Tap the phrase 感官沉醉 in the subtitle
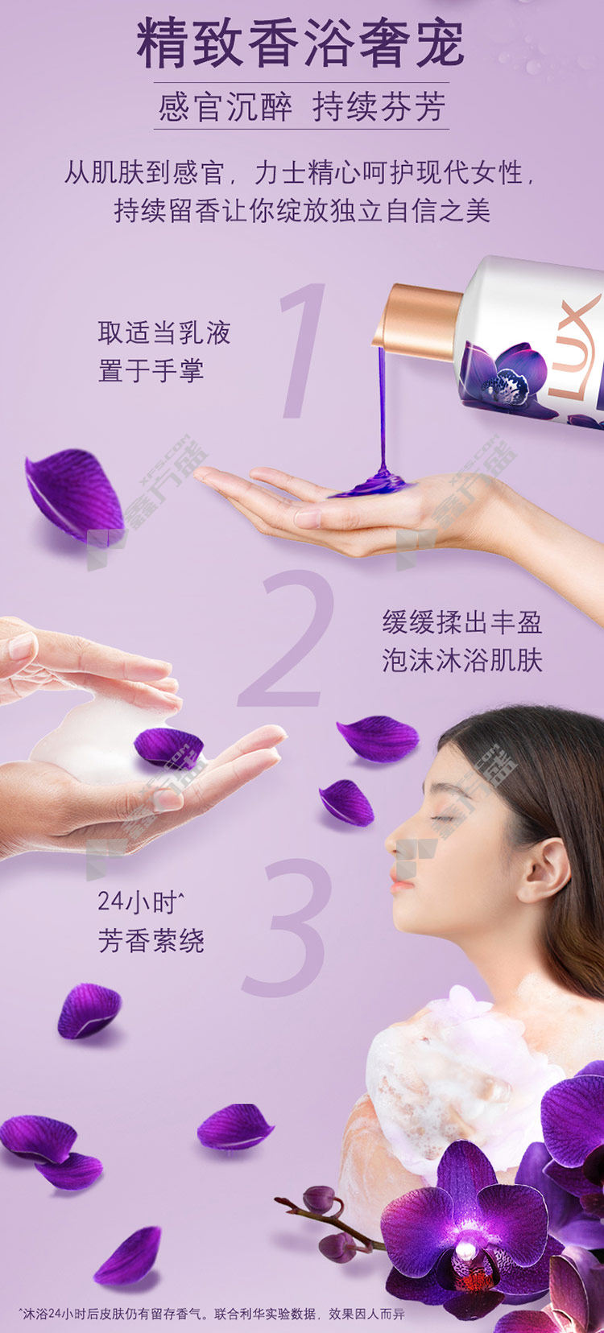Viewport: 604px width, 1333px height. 225,107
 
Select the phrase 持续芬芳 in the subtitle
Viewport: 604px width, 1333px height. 379,107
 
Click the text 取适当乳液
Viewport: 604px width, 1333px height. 164,332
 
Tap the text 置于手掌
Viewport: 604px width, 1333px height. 151,370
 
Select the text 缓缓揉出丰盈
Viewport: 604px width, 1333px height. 462,622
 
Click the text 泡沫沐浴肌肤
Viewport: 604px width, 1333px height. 462,660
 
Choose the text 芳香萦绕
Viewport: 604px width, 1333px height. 151,940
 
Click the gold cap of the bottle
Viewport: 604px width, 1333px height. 417,323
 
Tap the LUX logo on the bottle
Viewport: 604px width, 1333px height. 575,346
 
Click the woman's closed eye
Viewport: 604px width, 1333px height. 441,818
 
